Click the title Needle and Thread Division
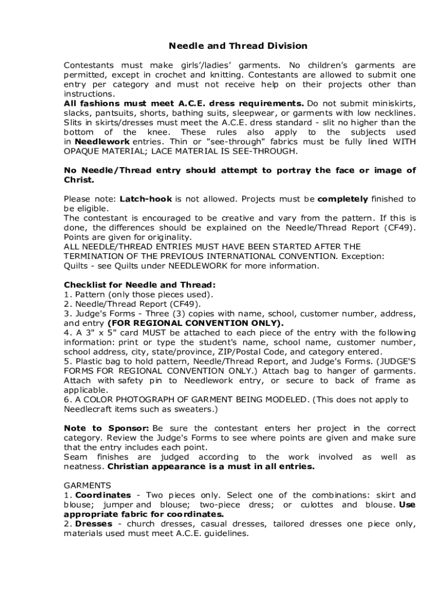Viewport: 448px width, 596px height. pyautogui.click(x=238, y=46)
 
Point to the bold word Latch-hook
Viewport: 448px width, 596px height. pyautogui.click(x=145, y=199)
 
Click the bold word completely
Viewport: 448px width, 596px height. pyautogui.click(x=343, y=199)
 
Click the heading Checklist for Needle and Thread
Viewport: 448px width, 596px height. pyautogui.click(x=140, y=285)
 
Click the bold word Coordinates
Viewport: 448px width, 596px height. pyautogui.click(x=101, y=495)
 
